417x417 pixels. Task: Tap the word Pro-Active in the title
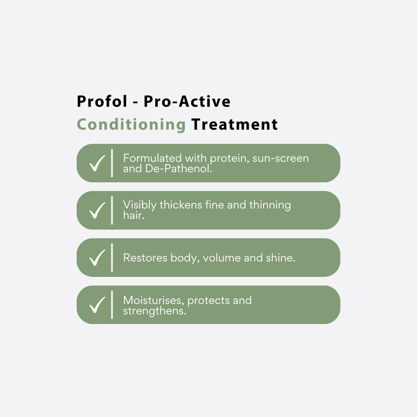point(187,102)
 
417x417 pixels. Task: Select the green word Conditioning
point(131,124)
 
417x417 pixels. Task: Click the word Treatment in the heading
point(234,124)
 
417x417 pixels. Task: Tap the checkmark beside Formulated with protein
point(97,163)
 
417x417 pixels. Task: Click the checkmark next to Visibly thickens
point(97,211)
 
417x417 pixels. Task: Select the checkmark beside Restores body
point(97,258)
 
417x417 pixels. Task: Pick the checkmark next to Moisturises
point(97,305)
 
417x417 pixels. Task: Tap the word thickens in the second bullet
point(182,205)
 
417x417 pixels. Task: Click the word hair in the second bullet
point(133,216)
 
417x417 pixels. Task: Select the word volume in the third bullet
point(220,258)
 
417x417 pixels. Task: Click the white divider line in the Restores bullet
point(112,258)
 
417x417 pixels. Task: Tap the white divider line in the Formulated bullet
point(112,163)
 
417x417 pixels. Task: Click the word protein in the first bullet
point(229,158)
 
